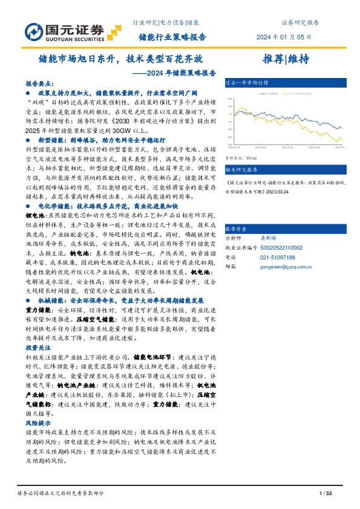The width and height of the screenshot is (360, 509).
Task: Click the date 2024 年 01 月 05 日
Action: [292, 37]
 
